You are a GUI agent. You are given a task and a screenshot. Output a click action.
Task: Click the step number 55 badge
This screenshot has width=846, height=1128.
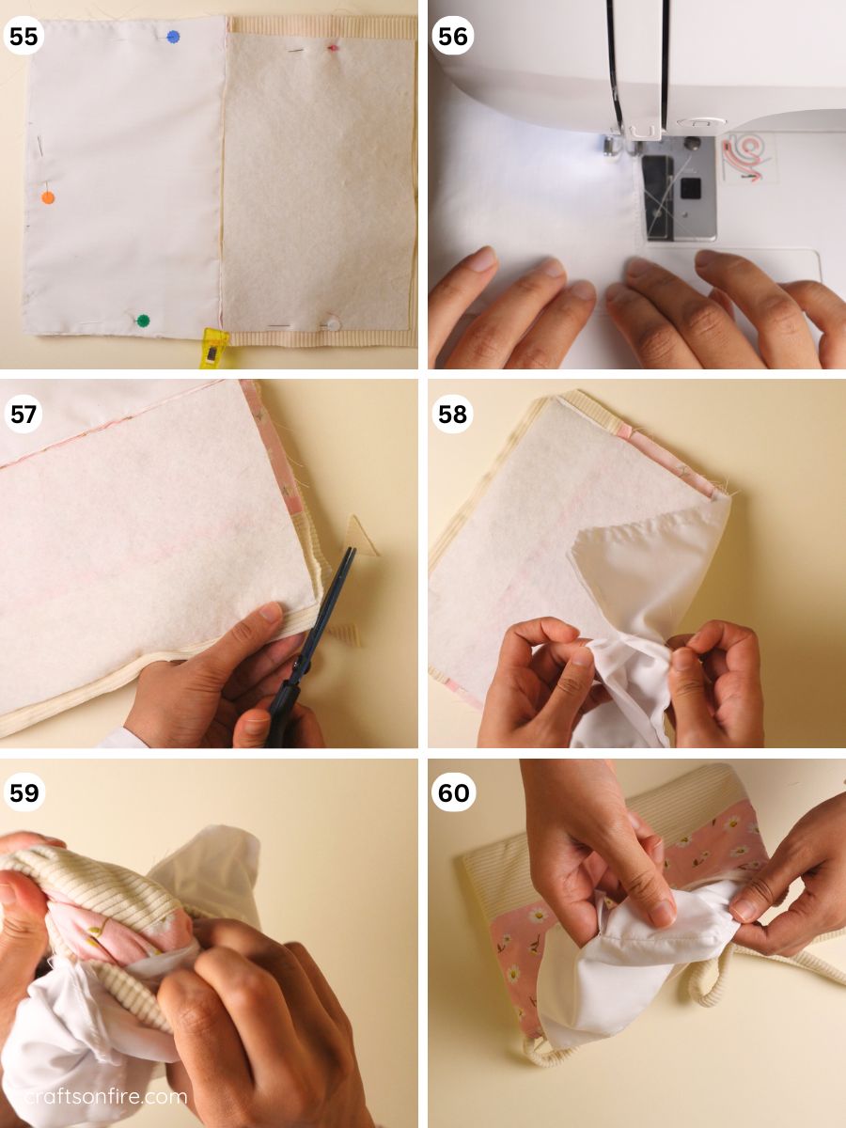(24, 39)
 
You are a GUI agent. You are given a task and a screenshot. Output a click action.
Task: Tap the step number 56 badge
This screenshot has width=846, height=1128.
(452, 39)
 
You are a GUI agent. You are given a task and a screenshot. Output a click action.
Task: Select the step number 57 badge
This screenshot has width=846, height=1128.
(24, 415)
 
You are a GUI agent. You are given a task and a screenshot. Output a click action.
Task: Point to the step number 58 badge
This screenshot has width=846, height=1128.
(452, 415)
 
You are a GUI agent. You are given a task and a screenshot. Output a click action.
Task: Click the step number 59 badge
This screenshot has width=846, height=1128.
(24, 793)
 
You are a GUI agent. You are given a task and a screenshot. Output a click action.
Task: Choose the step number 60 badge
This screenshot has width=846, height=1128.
(453, 793)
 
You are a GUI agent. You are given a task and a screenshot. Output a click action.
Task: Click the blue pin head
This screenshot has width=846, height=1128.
(173, 37)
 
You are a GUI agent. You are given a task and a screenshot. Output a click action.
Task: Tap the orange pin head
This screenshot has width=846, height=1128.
(48, 197)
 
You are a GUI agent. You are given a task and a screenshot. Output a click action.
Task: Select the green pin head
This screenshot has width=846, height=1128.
(143, 321)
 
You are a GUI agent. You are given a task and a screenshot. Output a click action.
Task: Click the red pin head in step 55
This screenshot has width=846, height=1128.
(332, 47)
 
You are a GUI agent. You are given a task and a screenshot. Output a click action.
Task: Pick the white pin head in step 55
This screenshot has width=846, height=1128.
(333, 323)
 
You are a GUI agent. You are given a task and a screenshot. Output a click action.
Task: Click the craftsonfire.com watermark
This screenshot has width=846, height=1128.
(94, 1096)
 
